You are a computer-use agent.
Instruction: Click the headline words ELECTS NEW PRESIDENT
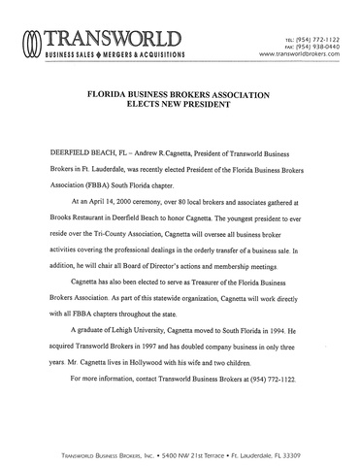point(180,108)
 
